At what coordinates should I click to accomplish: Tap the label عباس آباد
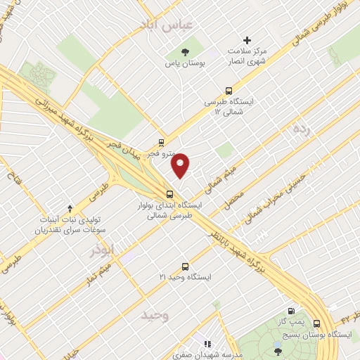pyautogui.click(x=188, y=25)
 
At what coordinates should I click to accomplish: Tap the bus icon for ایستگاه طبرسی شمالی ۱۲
pyautogui.click(x=228, y=90)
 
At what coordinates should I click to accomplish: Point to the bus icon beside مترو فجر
pyautogui.click(x=161, y=141)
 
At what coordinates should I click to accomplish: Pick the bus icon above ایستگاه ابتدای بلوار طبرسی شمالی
pyautogui.click(x=169, y=194)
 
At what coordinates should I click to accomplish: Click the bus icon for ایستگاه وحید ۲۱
pyautogui.click(x=185, y=266)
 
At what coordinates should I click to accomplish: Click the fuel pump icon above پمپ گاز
pyautogui.click(x=291, y=311)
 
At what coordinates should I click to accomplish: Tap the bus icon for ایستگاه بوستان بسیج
pyautogui.click(x=316, y=324)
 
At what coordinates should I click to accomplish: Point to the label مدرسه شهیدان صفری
pyautogui.click(x=208, y=355)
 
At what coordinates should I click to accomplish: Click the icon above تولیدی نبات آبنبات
pyautogui.click(x=69, y=208)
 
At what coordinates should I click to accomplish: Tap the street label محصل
pyautogui.click(x=234, y=198)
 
